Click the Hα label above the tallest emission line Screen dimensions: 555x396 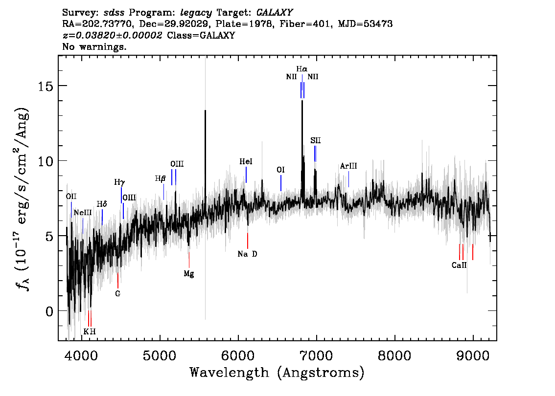coord(301,69)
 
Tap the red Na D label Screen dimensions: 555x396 coord(248,254)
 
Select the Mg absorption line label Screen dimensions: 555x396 coord(189,274)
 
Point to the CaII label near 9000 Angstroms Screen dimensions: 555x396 coord(459,265)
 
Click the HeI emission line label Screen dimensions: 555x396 coord(246,162)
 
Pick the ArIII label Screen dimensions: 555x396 coord(348,166)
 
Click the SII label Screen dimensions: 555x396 coord(315,140)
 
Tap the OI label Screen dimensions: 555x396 coord(281,170)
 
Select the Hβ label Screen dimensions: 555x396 coord(160,178)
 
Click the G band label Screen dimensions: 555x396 coord(118,293)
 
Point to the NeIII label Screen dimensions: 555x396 coord(83,213)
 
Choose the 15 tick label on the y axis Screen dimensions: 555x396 coord(46,86)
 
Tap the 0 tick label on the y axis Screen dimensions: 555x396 coord(49,311)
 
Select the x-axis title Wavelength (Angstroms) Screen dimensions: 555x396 coord(277,373)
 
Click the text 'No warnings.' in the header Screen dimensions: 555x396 coord(94,46)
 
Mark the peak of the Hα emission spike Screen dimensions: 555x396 coord(302,101)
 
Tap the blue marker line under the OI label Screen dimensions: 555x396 coord(281,183)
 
